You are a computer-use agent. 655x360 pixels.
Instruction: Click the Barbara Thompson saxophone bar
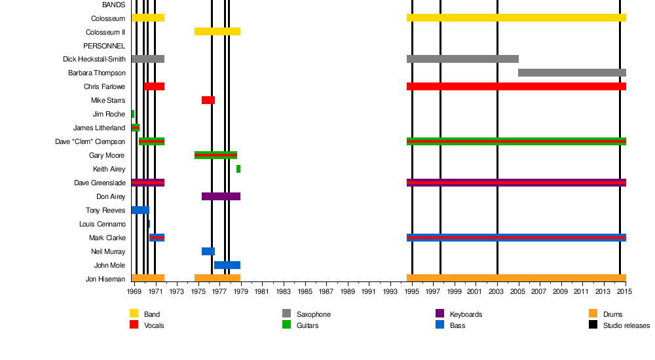[x=572, y=73]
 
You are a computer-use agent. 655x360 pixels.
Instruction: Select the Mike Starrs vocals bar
[x=208, y=100]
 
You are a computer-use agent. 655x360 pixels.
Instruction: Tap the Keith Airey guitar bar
[x=238, y=169]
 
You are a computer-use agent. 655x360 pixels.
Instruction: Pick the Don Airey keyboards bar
[x=221, y=196]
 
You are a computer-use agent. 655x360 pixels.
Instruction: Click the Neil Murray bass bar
[x=208, y=251]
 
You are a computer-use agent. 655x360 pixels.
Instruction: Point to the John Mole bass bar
[x=227, y=265]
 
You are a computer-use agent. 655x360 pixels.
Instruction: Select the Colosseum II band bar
[x=217, y=31]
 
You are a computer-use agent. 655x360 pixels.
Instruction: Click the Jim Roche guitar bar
[x=133, y=114]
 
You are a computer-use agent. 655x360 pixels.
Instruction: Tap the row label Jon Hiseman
[x=105, y=279]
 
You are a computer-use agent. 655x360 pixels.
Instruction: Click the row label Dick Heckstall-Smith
[x=94, y=60]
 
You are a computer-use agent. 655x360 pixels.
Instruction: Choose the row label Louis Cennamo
[x=102, y=225]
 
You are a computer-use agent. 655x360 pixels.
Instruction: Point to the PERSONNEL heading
[x=103, y=46]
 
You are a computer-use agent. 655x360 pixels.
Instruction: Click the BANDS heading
[x=113, y=5]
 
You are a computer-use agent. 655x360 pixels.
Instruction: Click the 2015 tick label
[x=625, y=291]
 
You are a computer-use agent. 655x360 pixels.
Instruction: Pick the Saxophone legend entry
[x=313, y=315]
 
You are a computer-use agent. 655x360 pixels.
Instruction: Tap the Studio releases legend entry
[x=626, y=325]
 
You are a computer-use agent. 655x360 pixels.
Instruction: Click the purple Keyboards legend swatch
[x=440, y=314]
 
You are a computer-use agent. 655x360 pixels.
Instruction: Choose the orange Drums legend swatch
[x=593, y=314]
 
